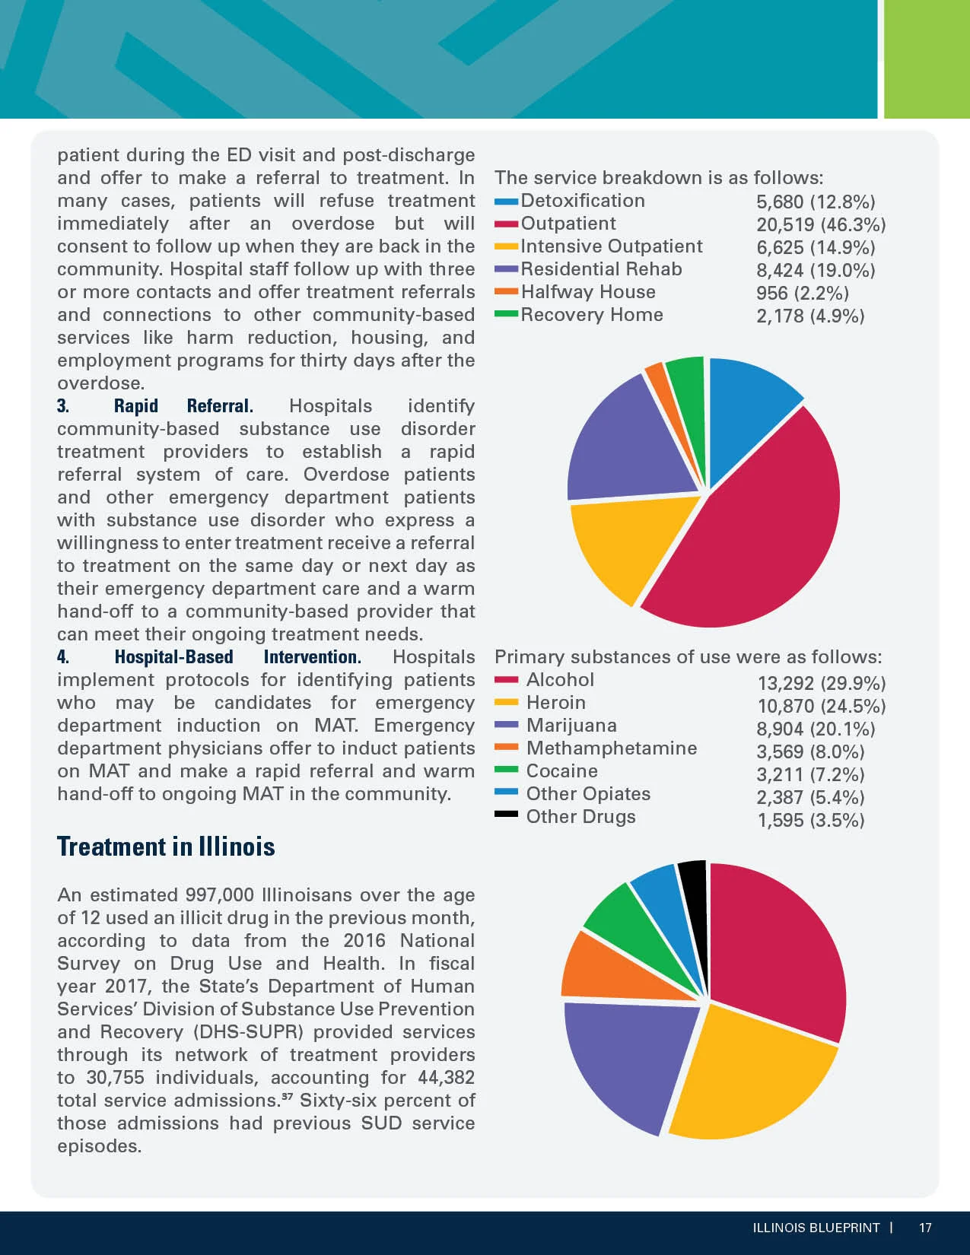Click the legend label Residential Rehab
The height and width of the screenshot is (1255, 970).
tap(601, 269)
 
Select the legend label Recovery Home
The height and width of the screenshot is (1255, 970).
tap(592, 315)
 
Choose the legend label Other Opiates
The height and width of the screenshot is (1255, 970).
tap(588, 794)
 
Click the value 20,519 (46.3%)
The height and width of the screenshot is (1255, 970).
tap(821, 224)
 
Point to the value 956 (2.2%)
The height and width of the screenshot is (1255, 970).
tap(803, 294)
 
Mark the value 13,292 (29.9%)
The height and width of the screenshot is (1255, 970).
tap(822, 684)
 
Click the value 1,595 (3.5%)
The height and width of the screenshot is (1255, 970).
tap(811, 821)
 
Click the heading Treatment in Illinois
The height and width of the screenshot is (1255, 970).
tap(166, 847)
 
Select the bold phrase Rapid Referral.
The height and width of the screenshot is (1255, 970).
tap(183, 406)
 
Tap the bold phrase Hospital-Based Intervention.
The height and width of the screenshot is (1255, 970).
tap(238, 657)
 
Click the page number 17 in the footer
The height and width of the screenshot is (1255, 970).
tap(925, 1228)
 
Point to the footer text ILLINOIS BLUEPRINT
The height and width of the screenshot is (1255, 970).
tap(816, 1228)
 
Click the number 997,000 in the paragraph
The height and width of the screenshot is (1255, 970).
tap(220, 895)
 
